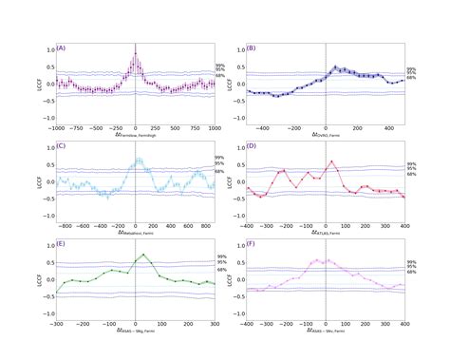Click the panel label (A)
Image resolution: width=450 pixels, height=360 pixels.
[62, 47]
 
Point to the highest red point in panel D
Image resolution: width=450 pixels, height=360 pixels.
[330, 161]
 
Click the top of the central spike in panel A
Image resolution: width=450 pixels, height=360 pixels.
[136, 52]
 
